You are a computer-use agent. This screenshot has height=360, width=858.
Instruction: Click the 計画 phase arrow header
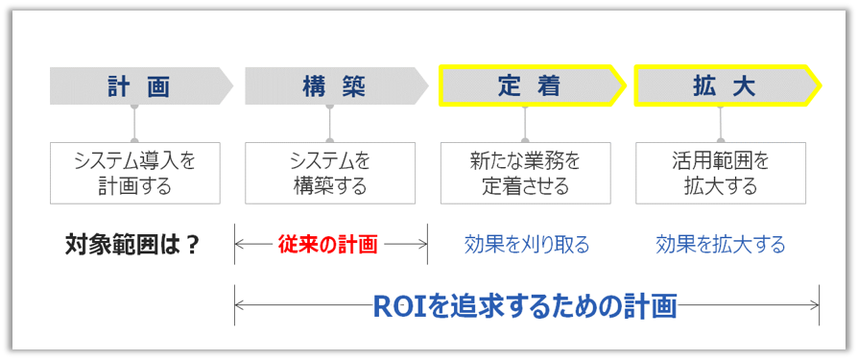(x=140, y=86)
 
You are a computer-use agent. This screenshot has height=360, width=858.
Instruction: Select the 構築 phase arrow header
(x=334, y=86)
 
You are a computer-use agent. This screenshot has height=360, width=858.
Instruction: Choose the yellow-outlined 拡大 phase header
(x=725, y=86)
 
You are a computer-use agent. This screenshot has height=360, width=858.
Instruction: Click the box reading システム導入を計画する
(x=135, y=173)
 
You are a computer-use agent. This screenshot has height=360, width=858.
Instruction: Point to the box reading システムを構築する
(x=330, y=173)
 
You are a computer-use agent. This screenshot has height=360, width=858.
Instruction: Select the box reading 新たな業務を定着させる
(x=525, y=173)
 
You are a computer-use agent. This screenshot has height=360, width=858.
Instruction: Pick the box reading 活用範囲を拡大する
(x=721, y=173)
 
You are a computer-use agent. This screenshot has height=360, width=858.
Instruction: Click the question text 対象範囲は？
(x=133, y=244)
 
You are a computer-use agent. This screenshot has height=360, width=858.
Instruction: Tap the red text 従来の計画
(x=328, y=244)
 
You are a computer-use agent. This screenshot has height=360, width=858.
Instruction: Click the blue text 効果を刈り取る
(x=526, y=244)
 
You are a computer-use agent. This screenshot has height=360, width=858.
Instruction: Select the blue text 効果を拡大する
(x=721, y=244)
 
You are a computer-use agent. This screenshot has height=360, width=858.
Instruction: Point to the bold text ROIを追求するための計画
(x=525, y=305)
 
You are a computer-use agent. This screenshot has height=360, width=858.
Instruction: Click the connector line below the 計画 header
(x=135, y=124)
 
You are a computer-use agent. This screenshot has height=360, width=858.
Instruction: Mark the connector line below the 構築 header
(x=330, y=124)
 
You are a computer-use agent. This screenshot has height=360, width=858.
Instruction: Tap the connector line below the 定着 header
(x=525, y=124)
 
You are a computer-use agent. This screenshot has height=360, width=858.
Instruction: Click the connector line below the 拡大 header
(x=721, y=124)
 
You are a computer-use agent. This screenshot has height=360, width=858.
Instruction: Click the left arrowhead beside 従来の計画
(x=240, y=244)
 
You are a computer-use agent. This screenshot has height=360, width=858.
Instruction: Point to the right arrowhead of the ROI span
(x=815, y=305)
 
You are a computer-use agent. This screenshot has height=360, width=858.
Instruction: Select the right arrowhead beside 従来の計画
(x=422, y=244)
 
